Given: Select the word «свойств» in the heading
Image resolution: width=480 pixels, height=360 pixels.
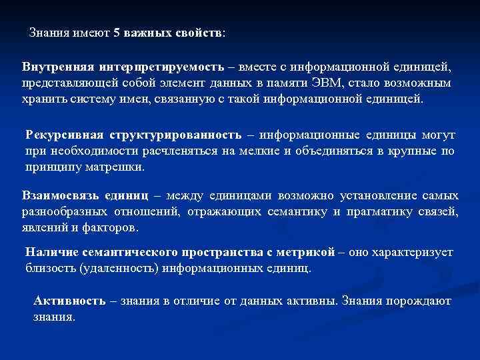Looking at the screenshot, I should tap(203, 33).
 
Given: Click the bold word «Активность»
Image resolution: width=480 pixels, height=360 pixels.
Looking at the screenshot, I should tap(69, 301).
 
